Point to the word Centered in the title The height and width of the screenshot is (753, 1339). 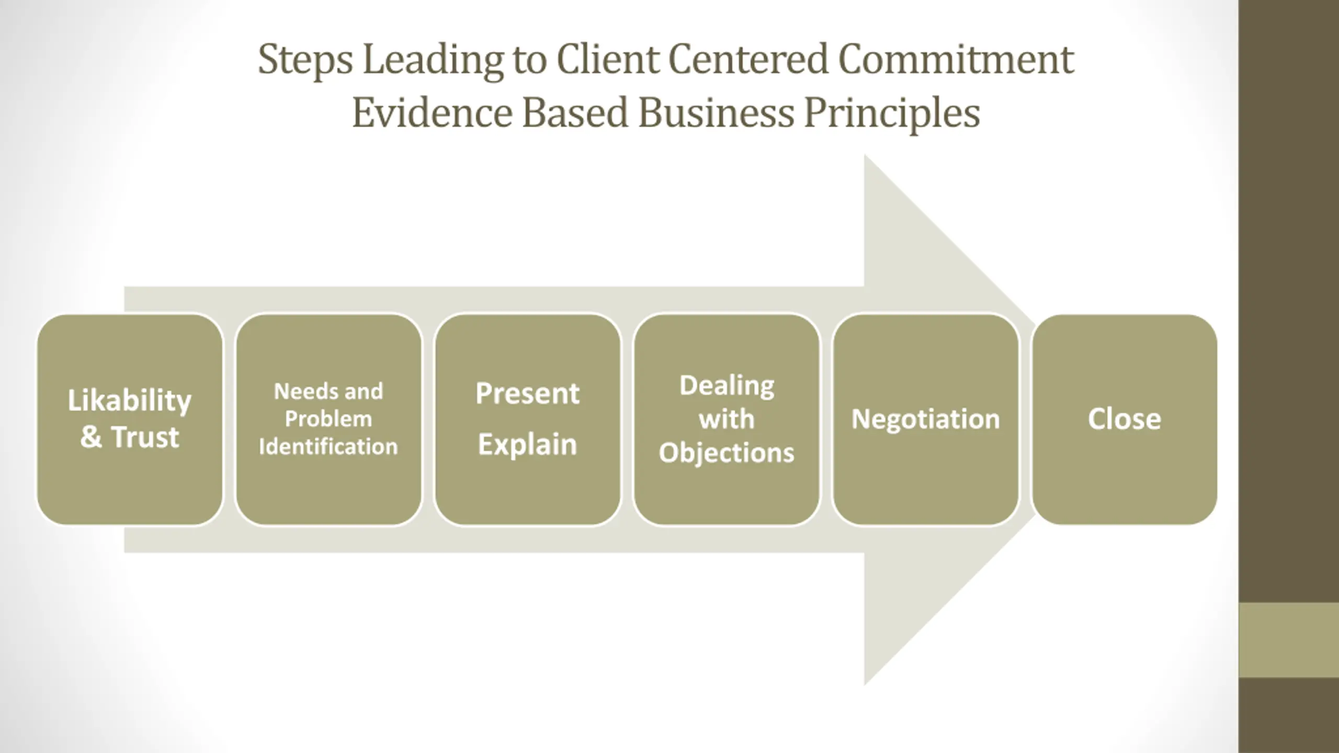(x=748, y=60)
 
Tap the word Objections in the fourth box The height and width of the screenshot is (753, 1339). (x=727, y=453)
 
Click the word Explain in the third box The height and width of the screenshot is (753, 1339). (x=527, y=445)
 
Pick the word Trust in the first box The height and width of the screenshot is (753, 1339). (x=145, y=437)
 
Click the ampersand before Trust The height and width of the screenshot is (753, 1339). (x=91, y=437)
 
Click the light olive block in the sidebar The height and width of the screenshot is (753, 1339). (x=1289, y=640)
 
